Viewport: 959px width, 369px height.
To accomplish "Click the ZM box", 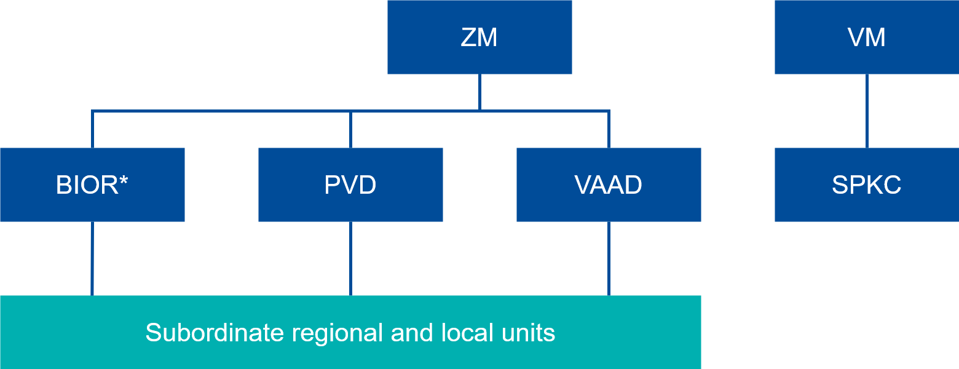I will tap(479, 37).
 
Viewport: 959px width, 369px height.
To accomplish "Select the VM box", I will tap(866, 37).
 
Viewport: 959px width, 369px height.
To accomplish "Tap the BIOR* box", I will tap(92, 184).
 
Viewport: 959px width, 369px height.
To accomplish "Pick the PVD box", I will tap(350, 184).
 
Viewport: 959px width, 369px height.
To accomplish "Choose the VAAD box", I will tap(609, 184).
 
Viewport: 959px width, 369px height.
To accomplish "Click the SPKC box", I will tap(866, 184).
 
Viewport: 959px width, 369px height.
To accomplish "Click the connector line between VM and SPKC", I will tap(867, 111).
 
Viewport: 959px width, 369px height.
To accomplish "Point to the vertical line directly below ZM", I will tap(479, 92).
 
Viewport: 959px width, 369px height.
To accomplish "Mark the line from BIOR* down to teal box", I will tap(92, 258).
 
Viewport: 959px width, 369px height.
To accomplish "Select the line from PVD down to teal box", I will tap(350, 258).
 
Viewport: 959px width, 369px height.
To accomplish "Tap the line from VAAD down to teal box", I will tap(609, 258).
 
